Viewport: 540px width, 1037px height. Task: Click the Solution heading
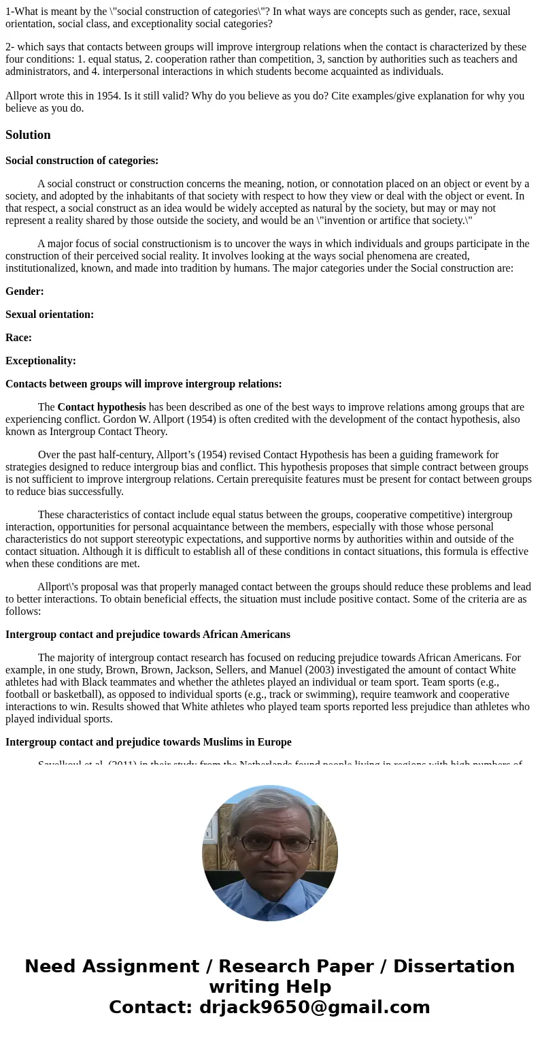[28, 135]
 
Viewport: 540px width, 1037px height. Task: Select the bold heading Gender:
[24, 291]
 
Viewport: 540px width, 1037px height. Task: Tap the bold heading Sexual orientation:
[50, 315]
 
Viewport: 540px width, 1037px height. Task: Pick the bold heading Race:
[18, 338]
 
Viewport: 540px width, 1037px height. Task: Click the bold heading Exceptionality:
[41, 361]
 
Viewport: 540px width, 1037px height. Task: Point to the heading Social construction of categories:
[82, 161]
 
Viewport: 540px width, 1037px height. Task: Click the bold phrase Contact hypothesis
[101, 407]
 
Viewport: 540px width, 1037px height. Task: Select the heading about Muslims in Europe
[148, 742]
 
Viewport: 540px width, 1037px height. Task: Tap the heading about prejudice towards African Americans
[148, 635]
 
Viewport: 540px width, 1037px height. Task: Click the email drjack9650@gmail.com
[314, 1007]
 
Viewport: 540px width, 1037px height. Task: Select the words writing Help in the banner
[270, 987]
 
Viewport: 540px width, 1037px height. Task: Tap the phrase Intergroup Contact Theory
[108, 432]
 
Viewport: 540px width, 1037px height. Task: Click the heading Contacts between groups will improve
[144, 384]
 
